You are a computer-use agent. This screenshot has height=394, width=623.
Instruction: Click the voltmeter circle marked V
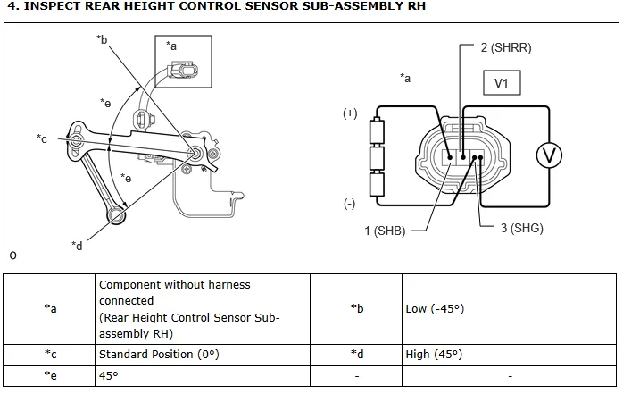[x=549, y=155]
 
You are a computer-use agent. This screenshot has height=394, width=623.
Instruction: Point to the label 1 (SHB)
[x=385, y=231]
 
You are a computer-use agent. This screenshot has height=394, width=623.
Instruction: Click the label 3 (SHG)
[x=522, y=228]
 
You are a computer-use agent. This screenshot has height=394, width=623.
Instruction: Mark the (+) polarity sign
[x=350, y=113]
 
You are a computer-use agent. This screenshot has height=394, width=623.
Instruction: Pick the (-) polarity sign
[x=350, y=204]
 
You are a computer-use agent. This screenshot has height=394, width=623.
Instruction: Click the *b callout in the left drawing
[x=102, y=39]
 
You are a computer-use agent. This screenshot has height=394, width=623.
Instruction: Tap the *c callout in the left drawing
[x=42, y=138]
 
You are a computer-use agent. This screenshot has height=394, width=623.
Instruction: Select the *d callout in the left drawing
[x=77, y=245]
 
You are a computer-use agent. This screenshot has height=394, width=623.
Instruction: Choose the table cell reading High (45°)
[x=434, y=354]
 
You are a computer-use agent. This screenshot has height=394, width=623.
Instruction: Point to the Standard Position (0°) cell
[x=159, y=354]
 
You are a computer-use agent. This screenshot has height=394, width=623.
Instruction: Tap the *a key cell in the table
[x=51, y=308]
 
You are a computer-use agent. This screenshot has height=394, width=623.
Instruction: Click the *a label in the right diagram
[x=406, y=78]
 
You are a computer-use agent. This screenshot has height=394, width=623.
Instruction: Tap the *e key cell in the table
[x=51, y=375]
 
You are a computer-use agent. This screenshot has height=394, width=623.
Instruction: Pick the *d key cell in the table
[x=357, y=354]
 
